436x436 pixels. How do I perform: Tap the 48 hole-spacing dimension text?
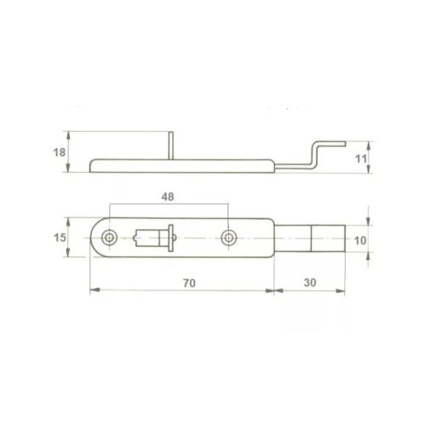[x=167, y=195]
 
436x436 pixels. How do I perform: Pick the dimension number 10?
[x=360, y=240]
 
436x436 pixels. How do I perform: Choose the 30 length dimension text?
[x=309, y=280]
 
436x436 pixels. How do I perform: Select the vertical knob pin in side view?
[x=171, y=145]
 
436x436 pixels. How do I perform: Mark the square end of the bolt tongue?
[x=329, y=239]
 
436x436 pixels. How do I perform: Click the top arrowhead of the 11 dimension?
[x=369, y=143]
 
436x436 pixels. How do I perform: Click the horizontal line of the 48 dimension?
[x=168, y=205]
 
